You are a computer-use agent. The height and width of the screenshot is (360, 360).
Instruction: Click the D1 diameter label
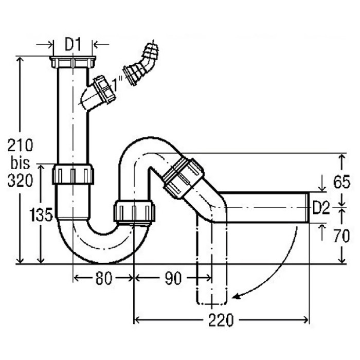[73, 45]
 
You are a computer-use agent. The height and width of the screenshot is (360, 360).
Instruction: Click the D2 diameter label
[321, 208]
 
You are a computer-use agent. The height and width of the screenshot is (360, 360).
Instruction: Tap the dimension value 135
[41, 215]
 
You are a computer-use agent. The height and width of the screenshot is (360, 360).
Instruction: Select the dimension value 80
[103, 278]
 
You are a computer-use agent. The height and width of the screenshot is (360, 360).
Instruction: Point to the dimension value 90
[173, 278]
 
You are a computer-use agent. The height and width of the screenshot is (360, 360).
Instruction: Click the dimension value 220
[221, 320]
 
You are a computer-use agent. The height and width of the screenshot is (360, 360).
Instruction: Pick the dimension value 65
[341, 182]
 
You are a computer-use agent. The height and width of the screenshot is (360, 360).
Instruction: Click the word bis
[20, 163]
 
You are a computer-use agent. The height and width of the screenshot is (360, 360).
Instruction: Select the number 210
[20, 145]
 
